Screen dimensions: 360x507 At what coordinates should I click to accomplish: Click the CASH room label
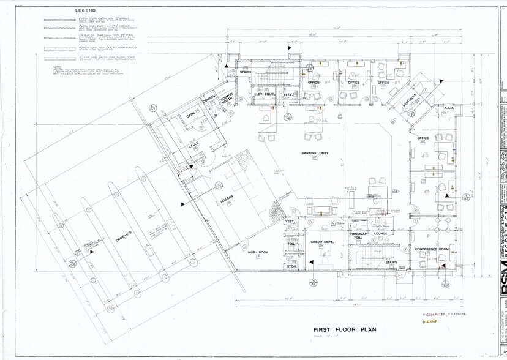(190, 116)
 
